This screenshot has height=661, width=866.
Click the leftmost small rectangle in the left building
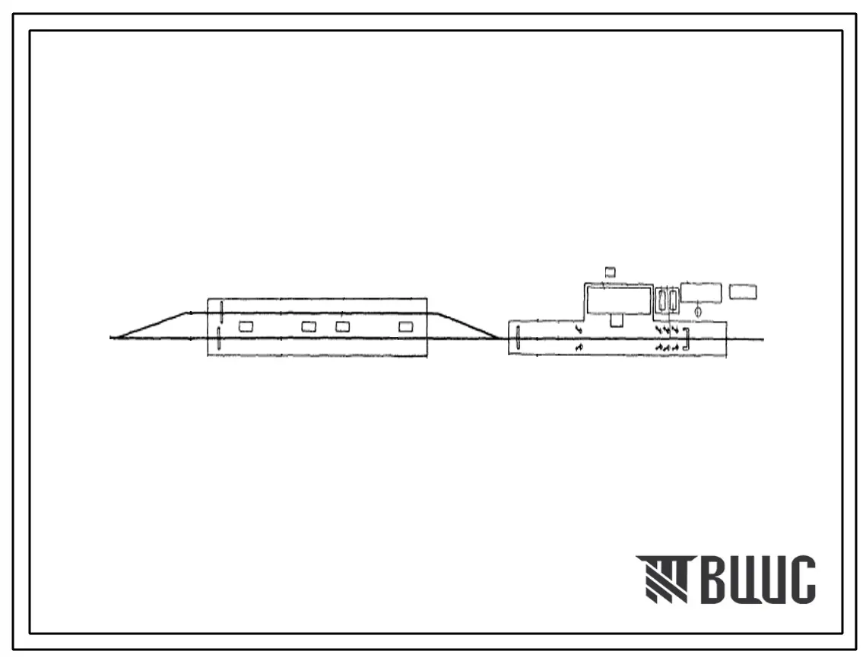pos(246,327)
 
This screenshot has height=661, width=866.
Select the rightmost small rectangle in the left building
pos(407,327)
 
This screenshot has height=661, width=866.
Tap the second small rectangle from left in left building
pos(309,327)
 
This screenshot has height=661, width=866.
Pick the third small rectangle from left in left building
pos(342,327)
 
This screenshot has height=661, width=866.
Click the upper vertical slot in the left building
pos(221,310)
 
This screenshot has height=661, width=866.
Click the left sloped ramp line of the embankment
pos(151,325)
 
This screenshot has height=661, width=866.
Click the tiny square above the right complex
pos(611,272)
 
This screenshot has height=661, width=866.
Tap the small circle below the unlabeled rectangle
pos(698,313)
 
